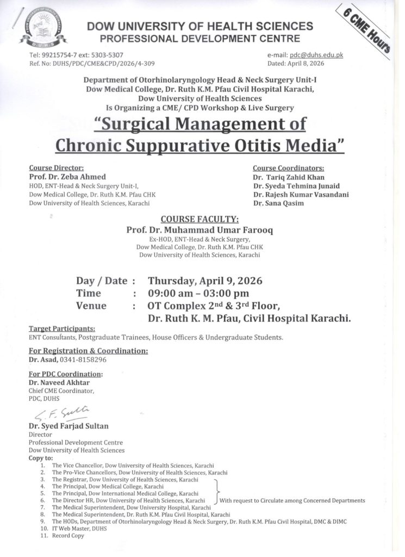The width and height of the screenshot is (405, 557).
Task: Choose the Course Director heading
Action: (56, 168)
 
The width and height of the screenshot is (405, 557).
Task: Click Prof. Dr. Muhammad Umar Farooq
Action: (200, 230)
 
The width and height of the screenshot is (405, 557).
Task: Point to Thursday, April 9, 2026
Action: (205, 281)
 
